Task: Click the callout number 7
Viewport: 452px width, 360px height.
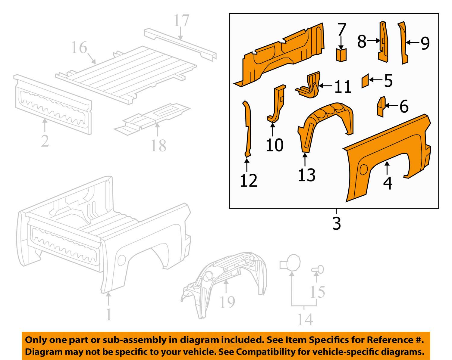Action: point(341,30)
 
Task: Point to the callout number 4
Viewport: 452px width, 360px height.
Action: point(388,183)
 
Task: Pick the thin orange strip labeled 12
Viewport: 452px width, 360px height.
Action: point(247,129)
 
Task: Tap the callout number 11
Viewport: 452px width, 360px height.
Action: point(343,87)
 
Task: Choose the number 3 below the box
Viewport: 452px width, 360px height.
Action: point(336,223)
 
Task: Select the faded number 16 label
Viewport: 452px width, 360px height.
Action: point(79,48)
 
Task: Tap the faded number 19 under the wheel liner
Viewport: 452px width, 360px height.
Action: point(227,302)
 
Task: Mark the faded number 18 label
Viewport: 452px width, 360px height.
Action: point(158,146)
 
